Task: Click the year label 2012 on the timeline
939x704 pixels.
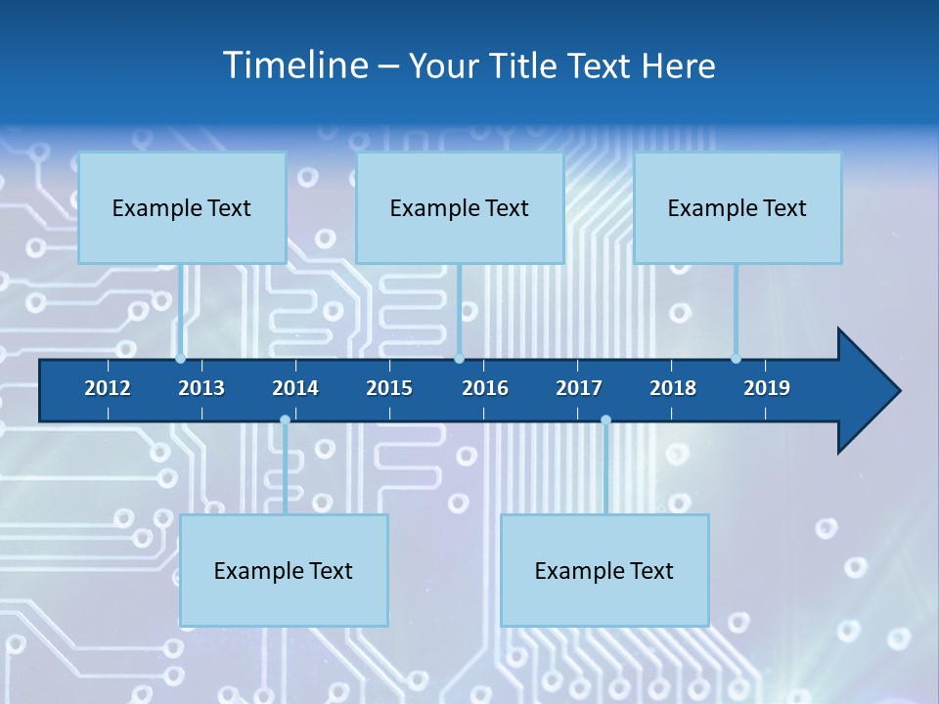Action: point(108,388)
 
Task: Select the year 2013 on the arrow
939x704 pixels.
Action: point(201,388)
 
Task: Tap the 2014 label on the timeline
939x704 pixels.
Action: point(295,388)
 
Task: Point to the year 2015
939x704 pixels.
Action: point(389,388)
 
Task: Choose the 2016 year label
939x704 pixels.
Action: point(485,388)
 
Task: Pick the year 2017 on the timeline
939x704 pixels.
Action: point(579,388)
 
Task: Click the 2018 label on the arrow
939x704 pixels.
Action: point(673,388)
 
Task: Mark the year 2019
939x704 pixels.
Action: point(767,388)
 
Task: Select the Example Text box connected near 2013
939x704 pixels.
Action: point(182,207)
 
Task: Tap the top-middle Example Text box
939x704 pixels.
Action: point(460,207)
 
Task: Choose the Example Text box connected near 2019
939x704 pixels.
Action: point(738,207)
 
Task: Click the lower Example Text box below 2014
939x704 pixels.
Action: point(284,570)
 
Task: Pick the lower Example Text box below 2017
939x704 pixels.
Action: point(604,570)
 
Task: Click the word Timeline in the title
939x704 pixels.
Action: point(294,66)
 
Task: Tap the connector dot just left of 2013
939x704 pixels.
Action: point(181,359)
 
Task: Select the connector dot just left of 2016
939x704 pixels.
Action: point(459,359)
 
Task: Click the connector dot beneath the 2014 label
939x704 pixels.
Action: point(285,420)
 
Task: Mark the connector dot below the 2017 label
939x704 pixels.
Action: point(605,420)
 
